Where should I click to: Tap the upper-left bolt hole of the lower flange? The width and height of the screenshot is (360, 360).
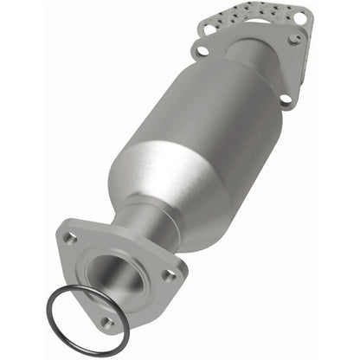click(72, 236)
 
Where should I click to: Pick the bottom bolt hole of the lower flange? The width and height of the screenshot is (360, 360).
click(107, 321)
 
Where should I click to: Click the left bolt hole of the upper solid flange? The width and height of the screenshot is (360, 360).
click(202, 51)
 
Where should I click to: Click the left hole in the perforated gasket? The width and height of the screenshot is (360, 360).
click(209, 29)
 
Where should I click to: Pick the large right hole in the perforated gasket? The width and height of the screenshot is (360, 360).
click(300, 16)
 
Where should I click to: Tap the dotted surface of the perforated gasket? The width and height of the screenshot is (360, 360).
click(255, 17)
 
